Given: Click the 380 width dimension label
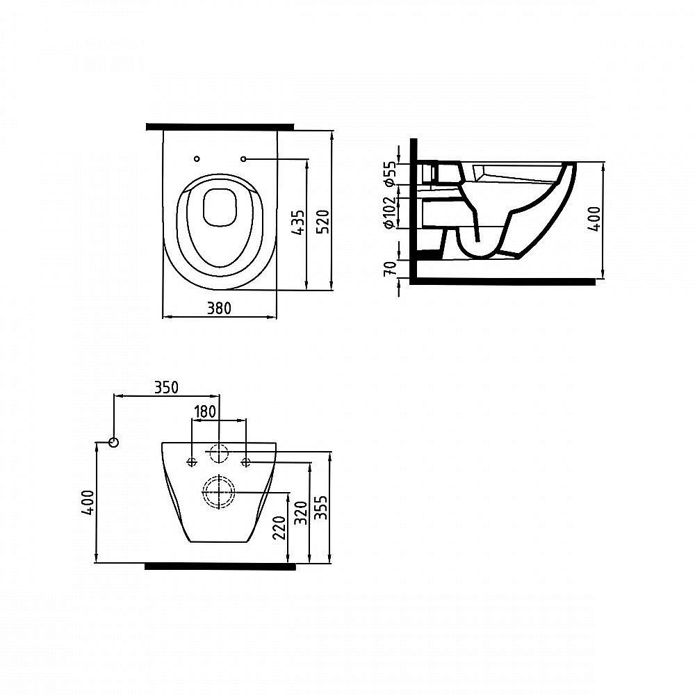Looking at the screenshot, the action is pyautogui.click(x=219, y=308).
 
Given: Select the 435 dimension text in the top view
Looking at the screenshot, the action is pyautogui.click(x=299, y=222).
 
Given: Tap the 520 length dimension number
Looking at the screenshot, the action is pyautogui.click(x=324, y=222).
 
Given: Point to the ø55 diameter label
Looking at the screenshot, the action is pyautogui.click(x=389, y=173).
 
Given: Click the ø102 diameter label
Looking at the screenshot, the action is pyautogui.click(x=389, y=212).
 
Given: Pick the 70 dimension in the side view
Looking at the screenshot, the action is pyautogui.click(x=389, y=268).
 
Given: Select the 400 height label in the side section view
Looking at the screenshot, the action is pyautogui.click(x=594, y=219).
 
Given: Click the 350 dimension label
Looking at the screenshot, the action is pyautogui.click(x=166, y=387).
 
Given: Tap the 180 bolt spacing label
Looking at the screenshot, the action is pyautogui.click(x=205, y=411).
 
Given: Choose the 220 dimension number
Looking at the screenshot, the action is pyautogui.click(x=279, y=528).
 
